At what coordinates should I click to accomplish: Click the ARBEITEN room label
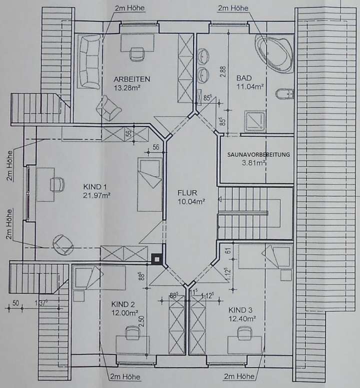131,79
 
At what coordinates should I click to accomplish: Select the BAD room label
243,78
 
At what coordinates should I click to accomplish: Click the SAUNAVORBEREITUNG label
258,155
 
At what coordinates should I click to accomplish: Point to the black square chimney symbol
157,258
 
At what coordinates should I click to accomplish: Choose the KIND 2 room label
123,305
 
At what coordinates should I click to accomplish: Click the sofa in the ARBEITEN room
89,61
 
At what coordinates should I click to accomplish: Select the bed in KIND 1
148,185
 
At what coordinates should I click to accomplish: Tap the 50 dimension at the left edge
15,303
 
